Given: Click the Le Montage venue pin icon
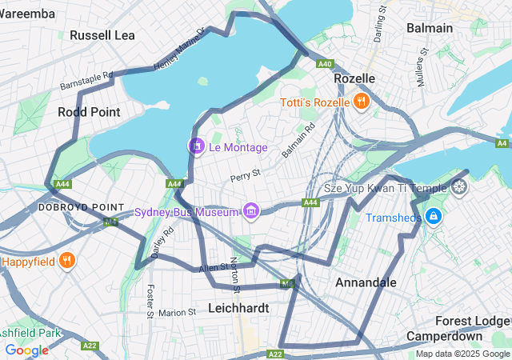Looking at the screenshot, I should [x=196, y=146].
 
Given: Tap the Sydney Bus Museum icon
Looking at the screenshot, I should [x=252, y=211].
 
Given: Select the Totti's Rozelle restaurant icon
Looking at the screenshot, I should [x=362, y=102].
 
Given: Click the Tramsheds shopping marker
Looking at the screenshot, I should [x=433, y=217].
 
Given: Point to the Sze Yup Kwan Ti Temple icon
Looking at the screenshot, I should [x=459, y=188].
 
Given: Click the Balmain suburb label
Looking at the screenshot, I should [x=430, y=28].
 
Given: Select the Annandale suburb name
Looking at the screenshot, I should [x=366, y=282].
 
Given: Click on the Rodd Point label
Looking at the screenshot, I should [x=89, y=113].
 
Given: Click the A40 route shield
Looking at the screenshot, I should [x=324, y=64].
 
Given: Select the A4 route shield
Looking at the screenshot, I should [x=502, y=143].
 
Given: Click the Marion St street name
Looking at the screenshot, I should [x=178, y=313].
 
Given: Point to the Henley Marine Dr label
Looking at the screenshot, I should [x=179, y=50].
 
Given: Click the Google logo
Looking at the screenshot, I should [x=26, y=350].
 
